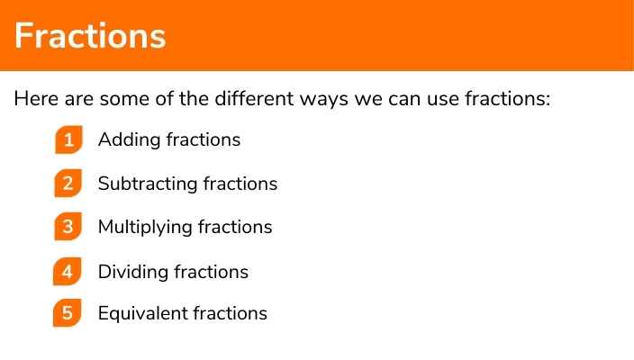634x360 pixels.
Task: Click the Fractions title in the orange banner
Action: [x=90, y=36]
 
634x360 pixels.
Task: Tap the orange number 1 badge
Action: [x=68, y=140]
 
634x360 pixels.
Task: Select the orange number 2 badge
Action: [x=68, y=184]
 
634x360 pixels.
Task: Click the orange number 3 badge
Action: [x=68, y=227]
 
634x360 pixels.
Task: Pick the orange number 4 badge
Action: [x=68, y=271]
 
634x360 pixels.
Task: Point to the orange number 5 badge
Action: [x=68, y=313]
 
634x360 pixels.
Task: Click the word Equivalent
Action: [x=142, y=313]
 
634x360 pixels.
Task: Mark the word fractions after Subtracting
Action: [x=240, y=184]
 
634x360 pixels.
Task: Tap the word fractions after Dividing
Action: [x=212, y=272]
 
